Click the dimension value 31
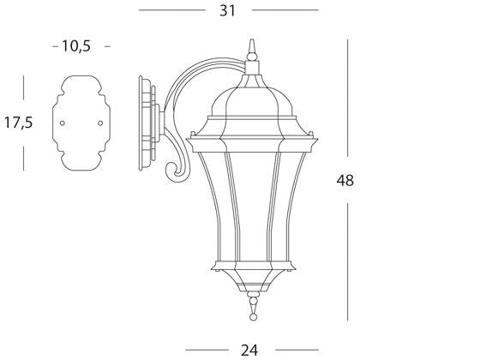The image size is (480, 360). point(227,10)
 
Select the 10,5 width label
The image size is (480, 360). point(76,46)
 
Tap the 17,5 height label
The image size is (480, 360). point(18,123)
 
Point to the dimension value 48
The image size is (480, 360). point(345,180)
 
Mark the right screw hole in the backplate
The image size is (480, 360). point(100,123)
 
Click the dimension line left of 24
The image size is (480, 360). point(209,349)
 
